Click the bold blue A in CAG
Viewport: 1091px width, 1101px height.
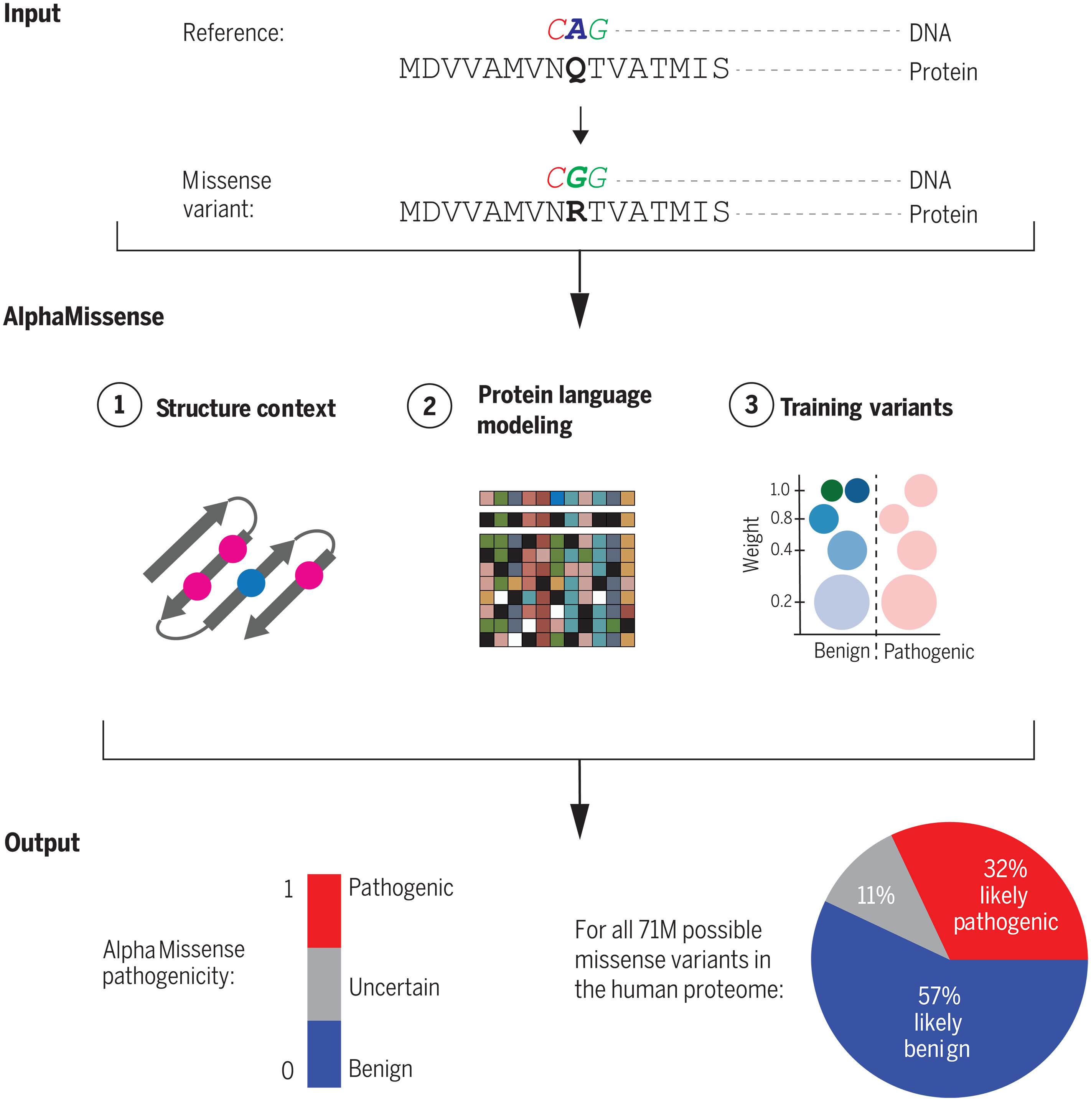click(577, 30)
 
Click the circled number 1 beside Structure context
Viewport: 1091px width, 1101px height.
click(119, 405)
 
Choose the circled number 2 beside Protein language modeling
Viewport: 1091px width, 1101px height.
click(429, 406)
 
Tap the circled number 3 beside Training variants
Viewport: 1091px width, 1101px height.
click(751, 405)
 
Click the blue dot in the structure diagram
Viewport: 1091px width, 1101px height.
click(251, 582)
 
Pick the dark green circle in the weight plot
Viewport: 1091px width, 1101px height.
click(832, 490)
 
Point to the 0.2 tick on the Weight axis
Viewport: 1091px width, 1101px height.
click(781, 601)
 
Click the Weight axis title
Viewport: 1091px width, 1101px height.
click(751, 544)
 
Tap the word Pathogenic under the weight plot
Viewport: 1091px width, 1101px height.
click(929, 651)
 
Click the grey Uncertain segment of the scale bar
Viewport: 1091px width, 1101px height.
click(324, 984)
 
